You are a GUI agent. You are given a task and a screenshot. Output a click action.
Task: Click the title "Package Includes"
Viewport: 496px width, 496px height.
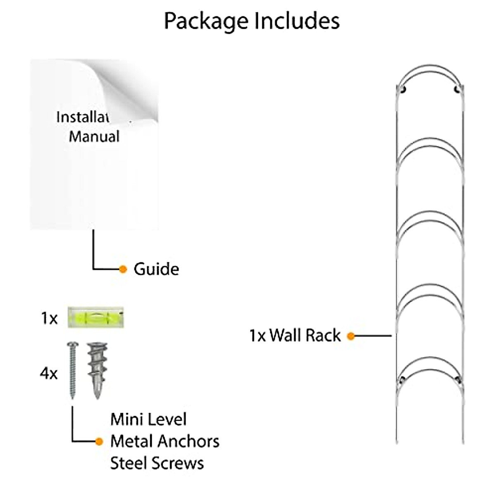pyautogui.click(x=252, y=21)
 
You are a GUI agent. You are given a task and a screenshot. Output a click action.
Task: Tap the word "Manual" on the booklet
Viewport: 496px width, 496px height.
pyautogui.click(x=94, y=136)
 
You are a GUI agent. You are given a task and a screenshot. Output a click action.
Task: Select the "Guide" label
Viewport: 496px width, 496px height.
pyautogui.click(x=156, y=269)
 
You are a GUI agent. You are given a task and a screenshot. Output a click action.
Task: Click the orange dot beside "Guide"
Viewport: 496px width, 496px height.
pyautogui.click(x=123, y=269)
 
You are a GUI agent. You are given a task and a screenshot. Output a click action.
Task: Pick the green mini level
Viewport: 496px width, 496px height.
pyautogui.click(x=95, y=318)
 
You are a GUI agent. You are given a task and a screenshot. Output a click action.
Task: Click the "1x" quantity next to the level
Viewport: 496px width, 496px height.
pyautogui.click(x=49, y=319)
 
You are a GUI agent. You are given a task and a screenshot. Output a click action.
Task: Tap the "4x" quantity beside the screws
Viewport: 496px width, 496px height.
pyautogui.click(x=49, y=374)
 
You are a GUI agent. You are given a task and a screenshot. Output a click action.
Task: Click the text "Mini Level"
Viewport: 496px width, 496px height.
pyautogui.click(x=148, y=420)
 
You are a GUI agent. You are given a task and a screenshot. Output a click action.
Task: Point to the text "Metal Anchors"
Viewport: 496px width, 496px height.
pyautogui.click(x=165, y=441)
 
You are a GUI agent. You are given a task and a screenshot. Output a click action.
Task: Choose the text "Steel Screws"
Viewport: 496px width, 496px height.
pyautogui.click(x=157, y=463)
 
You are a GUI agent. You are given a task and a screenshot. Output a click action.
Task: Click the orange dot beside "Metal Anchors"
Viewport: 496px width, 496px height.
pyautogui.click(x=99, y=441)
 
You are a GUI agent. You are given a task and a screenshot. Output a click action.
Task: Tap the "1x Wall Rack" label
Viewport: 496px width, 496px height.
pyautogui.click(x=295, y=335)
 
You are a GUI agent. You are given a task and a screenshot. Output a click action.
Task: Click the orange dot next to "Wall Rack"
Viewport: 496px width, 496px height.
pyautogui.click(x=351, y=336)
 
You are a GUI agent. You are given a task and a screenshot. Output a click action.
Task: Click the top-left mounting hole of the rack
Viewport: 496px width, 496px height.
pyautogui.click(x=403, y=89)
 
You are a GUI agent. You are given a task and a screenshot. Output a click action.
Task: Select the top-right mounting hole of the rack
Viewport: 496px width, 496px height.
pyautogui.click(x=457, y=89)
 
